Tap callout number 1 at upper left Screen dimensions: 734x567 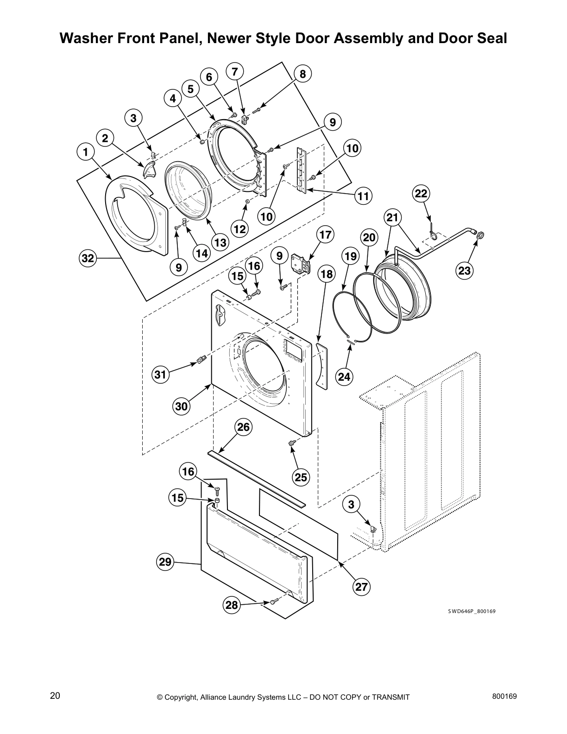click(x=85, y=152)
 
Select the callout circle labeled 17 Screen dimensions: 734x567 click(x=326, y=235)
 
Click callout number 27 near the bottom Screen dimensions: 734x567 click(x=361, y=587)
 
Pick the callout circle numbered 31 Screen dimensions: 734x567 click(x=160, y=374)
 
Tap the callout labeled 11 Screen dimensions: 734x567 click(x=364, y=196)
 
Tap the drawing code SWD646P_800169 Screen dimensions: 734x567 click(x=471, y=611)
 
